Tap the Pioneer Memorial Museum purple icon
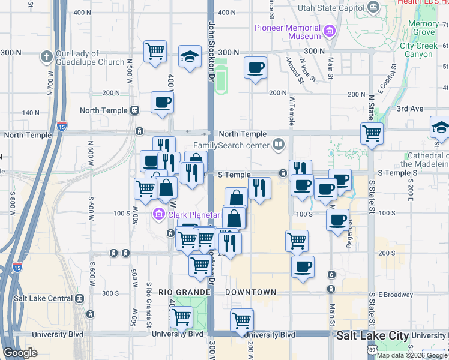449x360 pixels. [x=329, y=31]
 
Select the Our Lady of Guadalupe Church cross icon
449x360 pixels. [x=46, y=57]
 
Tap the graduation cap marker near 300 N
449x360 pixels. [x=190, y=58]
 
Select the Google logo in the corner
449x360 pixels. [x=20, y=353]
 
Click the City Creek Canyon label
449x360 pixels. [x=416, y=50]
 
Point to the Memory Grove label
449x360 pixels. [x=423, y=28]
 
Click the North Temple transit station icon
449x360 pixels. [x=134, y=110]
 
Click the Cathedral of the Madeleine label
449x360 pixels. [x=424, y=160]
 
